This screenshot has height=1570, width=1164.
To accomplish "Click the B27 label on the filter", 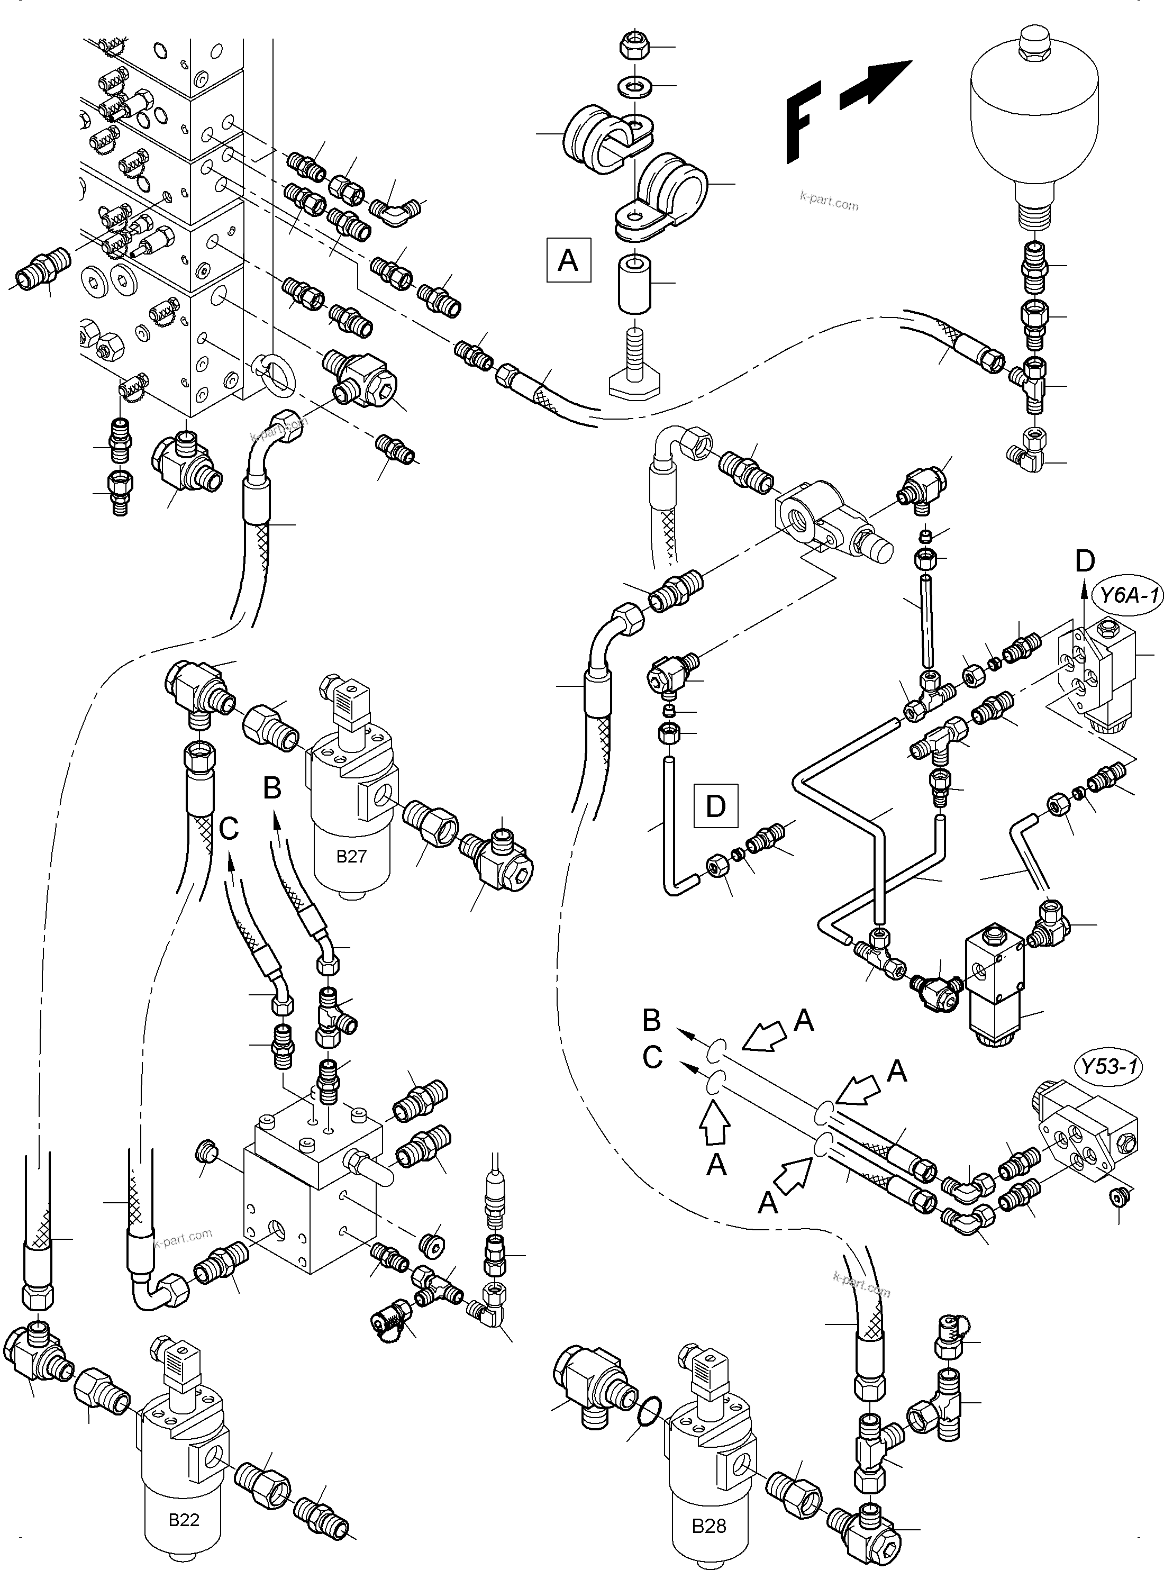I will coord(351,857).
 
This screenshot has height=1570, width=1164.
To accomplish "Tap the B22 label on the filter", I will coord(184,1520).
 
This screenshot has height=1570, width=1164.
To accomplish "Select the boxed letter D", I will coord(715,805).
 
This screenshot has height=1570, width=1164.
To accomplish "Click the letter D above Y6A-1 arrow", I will coord(1085,560).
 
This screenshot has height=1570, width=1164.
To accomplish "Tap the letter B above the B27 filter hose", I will coord(272,788).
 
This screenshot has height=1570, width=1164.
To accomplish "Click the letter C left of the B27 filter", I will coord(230,829).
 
